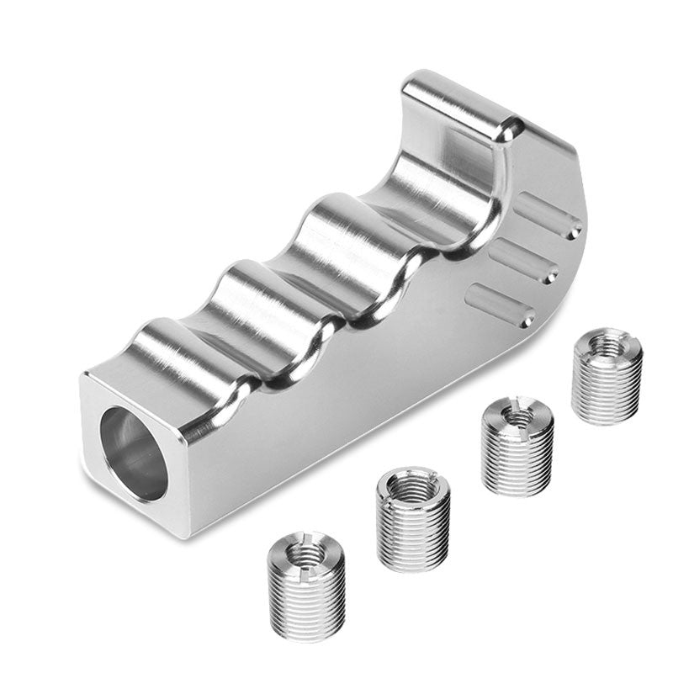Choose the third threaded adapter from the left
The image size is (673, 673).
point(517,445)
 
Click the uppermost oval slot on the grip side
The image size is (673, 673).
point(547,216)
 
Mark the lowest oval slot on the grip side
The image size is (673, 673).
point(502,305)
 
